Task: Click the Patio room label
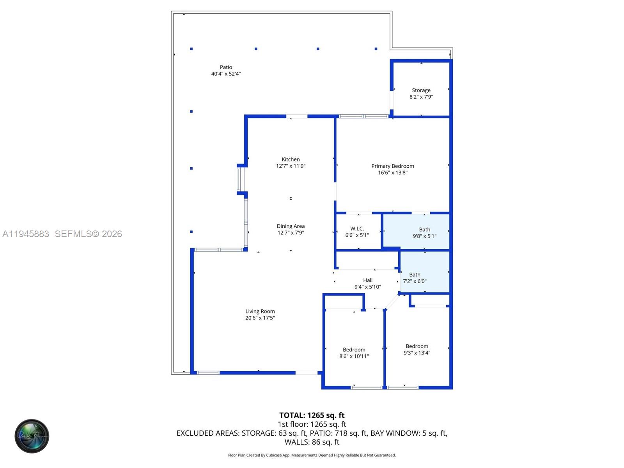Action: [226, 67]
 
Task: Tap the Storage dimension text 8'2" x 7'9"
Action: [421, 97]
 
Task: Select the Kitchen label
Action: [291, 159]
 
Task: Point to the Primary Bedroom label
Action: [392, 166]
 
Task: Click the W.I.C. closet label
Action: [357, 229]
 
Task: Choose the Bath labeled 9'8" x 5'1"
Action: [424, 229]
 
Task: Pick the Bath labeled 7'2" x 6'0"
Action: [415, 275]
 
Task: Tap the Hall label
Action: [367, 280]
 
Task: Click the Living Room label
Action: [260, 311]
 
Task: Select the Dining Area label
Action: [291, 226]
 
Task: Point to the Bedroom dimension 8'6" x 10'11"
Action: [354, 356]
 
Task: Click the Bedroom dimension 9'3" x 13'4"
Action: [417, 353]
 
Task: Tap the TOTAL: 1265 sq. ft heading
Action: [312, 415]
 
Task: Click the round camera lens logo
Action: [32, 436]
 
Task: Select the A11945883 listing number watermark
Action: [26, 234]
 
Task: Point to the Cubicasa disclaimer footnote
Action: [312, 455]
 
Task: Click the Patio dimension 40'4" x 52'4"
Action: [226, 74]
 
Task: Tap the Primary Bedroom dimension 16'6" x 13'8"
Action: [392, 172]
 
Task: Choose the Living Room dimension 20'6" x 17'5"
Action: [260, 318]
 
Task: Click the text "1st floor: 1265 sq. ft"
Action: [312, 424]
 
